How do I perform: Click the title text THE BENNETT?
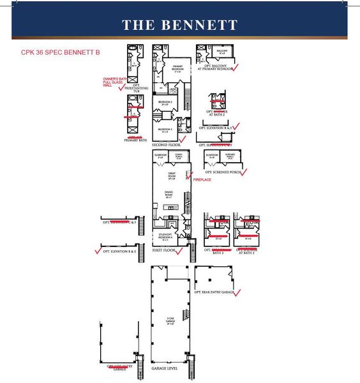pyautogui.click(x=179, y=25)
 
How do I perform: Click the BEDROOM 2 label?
pyautogui.click(x=165, y=103)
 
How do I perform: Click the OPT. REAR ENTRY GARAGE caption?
pyautogui.click(x=213, y=292)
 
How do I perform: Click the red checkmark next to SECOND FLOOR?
pyautogui.click(x=183, y=139)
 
